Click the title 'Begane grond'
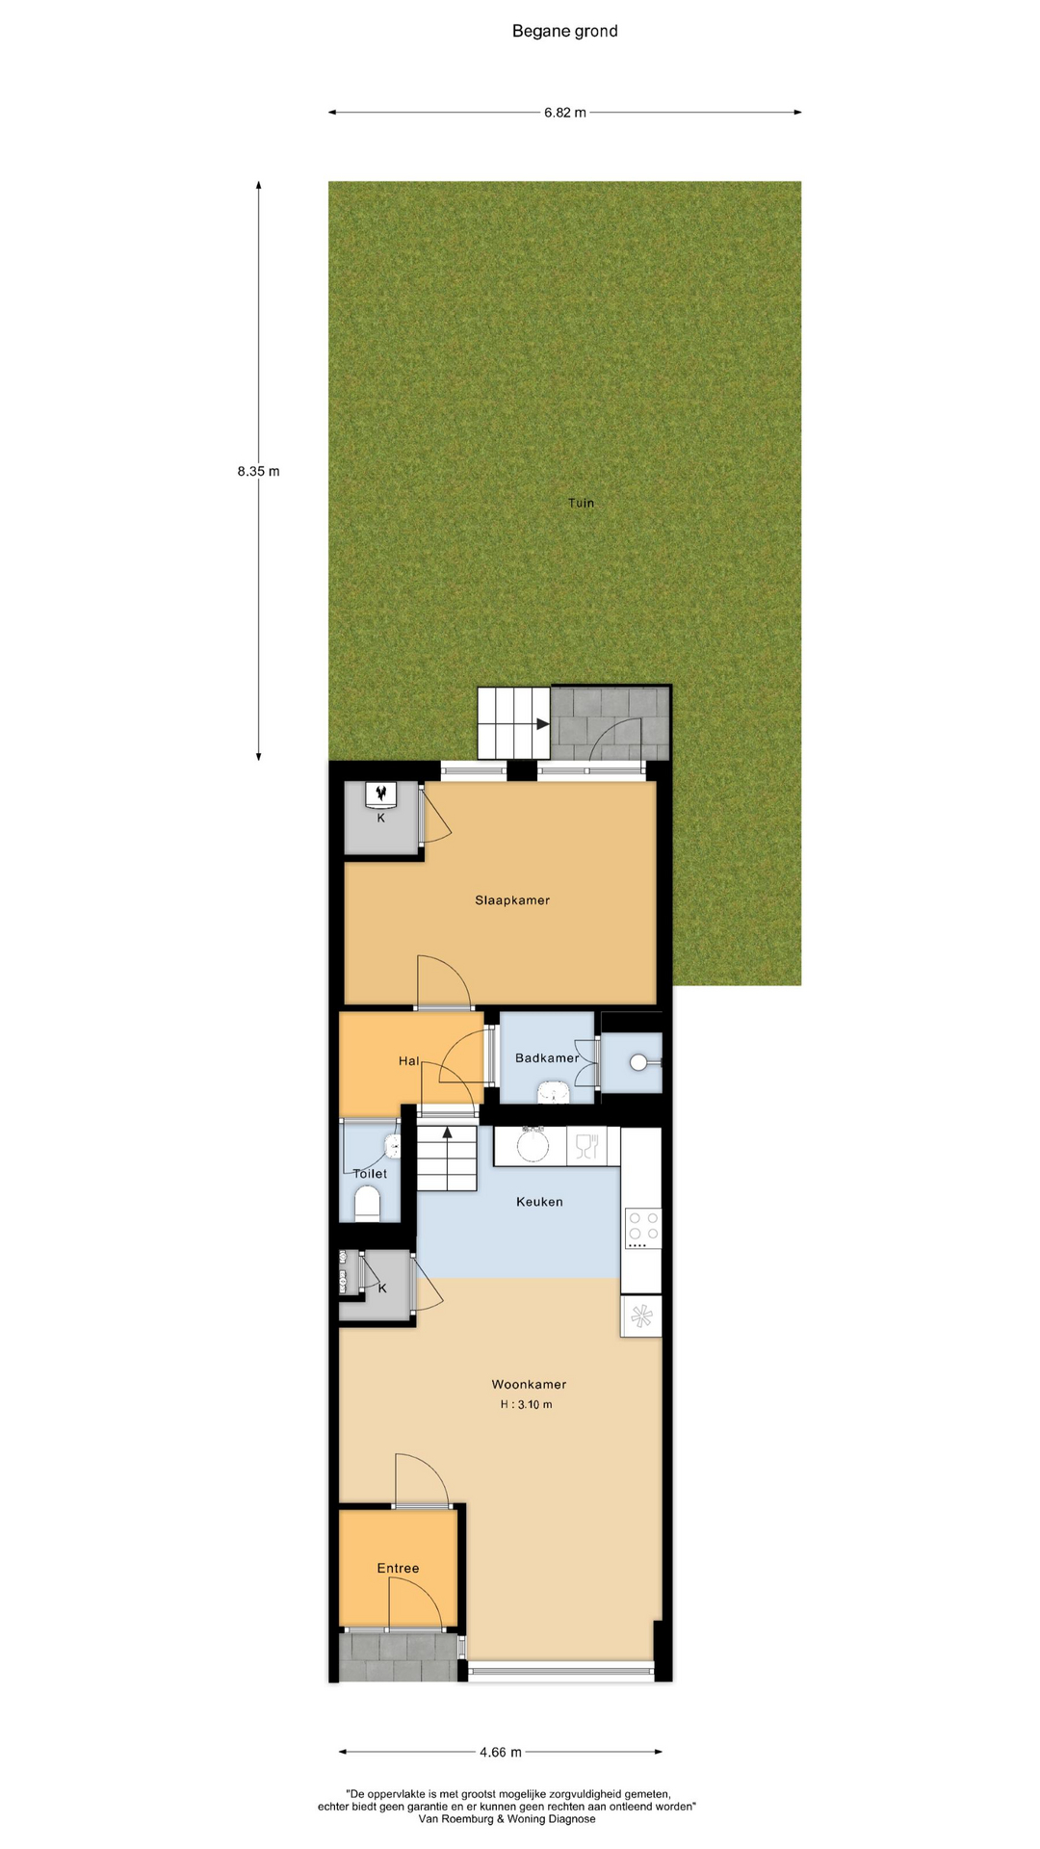tap(564, 31)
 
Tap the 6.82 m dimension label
tap(565, 113)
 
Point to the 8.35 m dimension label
tap(258, 472)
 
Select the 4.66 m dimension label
tap(501, 1752)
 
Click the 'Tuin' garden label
tap(581, 503)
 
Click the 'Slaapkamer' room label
tap(512, 900)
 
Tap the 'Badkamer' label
tap(547, 1057)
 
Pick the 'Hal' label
tap(409, 1061)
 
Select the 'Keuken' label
tap(539, 1202)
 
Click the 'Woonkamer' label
tap(529, 1384)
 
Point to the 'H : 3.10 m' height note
tap(526, 1404)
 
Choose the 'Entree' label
tap(398, 1568)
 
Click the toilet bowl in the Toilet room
tap(368, 1204)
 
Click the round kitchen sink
tap(533, 1145)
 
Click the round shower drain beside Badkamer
tap(639, 1062)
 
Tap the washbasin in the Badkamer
tap(553, 1091)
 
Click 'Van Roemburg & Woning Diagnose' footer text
tap(507, 1819)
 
